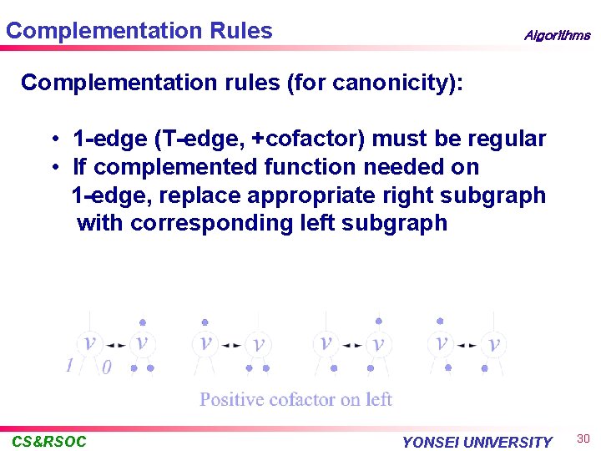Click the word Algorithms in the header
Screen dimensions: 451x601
coord(556,36)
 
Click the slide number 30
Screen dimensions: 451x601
coord(583,439)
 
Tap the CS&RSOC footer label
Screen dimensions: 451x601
coord(49,442)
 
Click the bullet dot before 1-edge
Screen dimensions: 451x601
coord(53,139)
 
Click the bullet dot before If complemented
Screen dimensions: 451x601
coord(53,167)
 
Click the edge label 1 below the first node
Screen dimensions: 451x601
coord(70,365)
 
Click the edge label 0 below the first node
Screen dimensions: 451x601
coord(106,367)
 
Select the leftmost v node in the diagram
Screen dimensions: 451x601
coord(89,342)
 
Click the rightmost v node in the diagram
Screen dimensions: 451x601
coord(494,343)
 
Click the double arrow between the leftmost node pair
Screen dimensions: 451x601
coord(116,343)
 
